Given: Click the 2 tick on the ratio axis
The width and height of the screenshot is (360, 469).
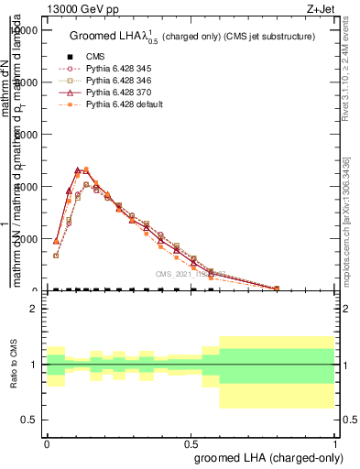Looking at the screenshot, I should (x=35, y=309).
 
